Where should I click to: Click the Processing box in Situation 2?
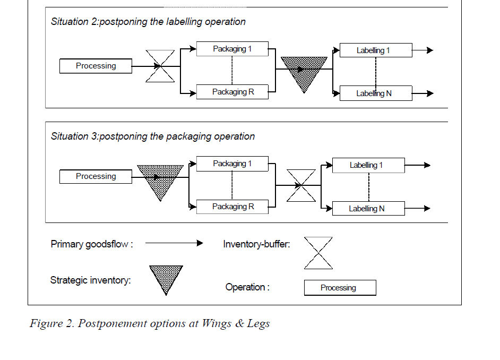click(96, 66)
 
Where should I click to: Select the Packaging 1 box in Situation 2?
click(232, 49)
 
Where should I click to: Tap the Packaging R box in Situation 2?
click(232, 92)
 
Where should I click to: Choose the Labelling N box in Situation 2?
click(375, 93)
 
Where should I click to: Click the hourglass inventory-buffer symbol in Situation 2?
click(160, 66)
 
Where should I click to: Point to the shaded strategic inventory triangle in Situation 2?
click(304, 71)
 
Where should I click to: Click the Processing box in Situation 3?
click(96, 176)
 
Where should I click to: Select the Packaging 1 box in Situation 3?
click(232, 164)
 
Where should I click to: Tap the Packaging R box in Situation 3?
click(232, 207)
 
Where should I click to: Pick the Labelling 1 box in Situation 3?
click(368, 165)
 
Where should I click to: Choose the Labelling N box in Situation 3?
click(368, 209)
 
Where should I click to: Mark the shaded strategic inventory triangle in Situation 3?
click(160, 178)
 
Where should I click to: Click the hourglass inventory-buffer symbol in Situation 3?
click(301, 185)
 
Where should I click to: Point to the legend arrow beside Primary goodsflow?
click(174, 243)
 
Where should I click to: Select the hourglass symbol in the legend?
click(318, 253)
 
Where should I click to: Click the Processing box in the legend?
click(340, 288)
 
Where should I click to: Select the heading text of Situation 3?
click(153, 136)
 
